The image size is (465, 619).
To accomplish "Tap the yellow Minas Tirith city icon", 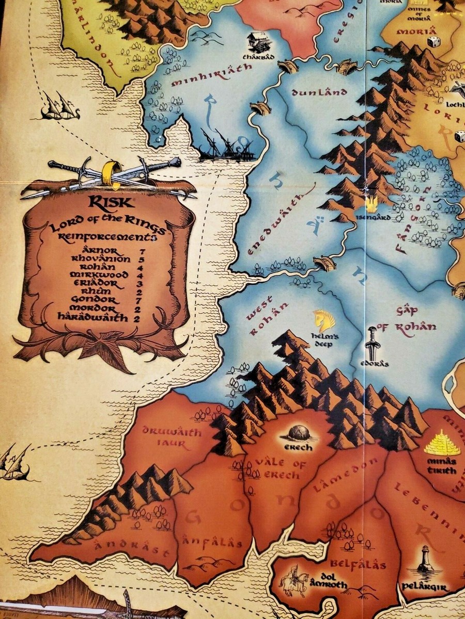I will (x=442, y=443).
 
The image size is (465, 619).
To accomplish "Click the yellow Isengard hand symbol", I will (x=371, y=205).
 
